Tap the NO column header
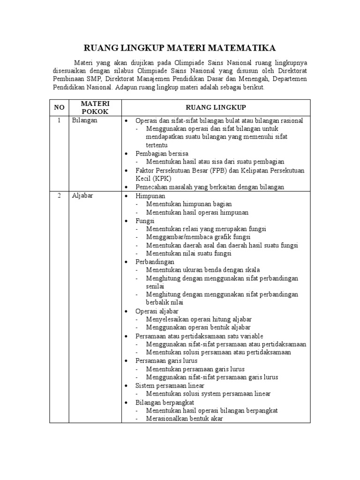pyautogui.click(x=59, y=107)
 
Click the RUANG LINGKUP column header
pyautogui.click(x=216, y=107)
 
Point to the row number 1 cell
pyautogui.click(x=59, y=120)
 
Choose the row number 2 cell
pyautogui.click(x=59, y=196)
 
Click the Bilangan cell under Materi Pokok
pyautogui.click(x=85, y=120)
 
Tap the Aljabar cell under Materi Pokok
pyautogui.click(x=83, y=196)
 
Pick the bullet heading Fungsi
pyautogui.click(x=145, y=220)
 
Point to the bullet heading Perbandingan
pyautogui.click(x=155, y=262)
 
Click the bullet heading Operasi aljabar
pyautogui.click(x=157, y=311)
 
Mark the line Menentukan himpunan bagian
pyautogui.click(x=188, y=204)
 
